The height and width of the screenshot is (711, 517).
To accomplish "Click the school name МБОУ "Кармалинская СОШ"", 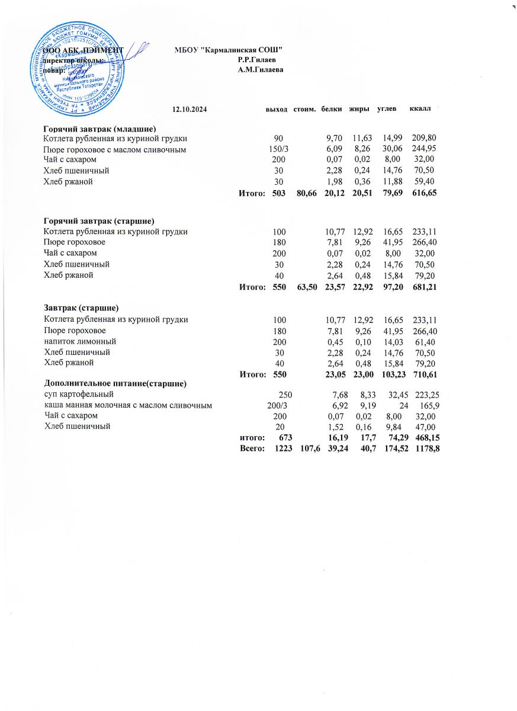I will (228, 49).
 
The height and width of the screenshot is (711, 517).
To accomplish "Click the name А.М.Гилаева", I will (260, 70).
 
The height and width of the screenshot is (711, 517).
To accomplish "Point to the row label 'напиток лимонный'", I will (80, 341).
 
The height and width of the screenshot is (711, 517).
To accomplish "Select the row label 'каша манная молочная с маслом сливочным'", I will (129, 405).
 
